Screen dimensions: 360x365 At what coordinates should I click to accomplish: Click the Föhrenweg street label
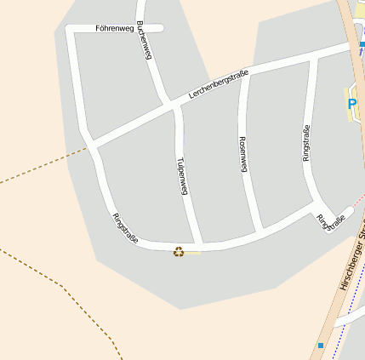pos(115,28)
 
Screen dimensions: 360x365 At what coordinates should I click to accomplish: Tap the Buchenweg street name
pos(144,39)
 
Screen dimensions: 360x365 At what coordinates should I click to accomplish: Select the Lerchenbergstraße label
pos(219,88)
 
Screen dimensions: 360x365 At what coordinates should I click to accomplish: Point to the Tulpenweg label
pos(181,176)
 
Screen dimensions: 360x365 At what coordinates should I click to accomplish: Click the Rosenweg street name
pos(243,154)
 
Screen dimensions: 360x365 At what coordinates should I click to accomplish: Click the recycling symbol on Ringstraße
pos(180,251)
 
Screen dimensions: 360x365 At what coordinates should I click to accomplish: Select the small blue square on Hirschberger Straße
pos(321,346)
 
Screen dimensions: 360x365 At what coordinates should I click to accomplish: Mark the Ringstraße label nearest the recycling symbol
pos(125,228)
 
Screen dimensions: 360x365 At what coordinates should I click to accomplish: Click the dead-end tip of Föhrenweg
pos(161,28)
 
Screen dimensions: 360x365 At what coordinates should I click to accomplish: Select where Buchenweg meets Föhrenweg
pos(140,28)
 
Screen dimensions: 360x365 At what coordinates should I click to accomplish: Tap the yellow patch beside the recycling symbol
pos(193,252)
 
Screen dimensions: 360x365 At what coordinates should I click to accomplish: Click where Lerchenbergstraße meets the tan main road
pos(351,47)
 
